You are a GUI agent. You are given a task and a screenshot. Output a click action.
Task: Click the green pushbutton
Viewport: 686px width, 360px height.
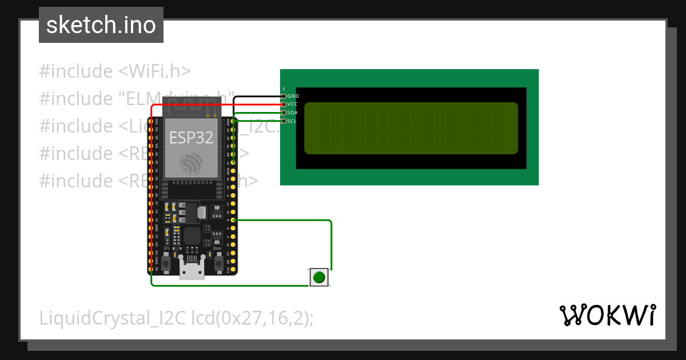[x=319, y=278]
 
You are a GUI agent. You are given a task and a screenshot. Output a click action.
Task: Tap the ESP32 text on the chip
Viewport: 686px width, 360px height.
[x=191, y=138]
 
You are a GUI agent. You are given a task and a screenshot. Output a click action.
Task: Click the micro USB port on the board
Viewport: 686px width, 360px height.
[x=192, y=268]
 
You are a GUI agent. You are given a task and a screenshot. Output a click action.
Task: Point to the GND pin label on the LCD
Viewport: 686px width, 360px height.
[x=293, y=96]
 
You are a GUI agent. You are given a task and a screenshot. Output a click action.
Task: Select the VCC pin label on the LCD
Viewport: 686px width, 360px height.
[x=292, y=104]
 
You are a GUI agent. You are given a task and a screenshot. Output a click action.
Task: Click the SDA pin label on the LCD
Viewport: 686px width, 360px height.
[x=292, y=113]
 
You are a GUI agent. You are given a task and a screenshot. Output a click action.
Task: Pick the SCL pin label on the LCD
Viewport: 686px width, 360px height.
[x=292, y=121]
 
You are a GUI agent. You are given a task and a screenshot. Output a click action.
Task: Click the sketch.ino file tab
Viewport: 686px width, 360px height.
[x=101, y=25]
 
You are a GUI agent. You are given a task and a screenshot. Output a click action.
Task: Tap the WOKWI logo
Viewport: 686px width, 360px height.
[x=607, y=315]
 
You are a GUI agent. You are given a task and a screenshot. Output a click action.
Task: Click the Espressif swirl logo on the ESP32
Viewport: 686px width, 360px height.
[x=191, y=164]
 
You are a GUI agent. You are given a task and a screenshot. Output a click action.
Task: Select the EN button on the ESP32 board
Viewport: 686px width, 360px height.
[x=166, y=263]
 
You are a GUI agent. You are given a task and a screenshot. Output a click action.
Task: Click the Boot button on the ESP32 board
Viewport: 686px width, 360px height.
[x=218, y=263]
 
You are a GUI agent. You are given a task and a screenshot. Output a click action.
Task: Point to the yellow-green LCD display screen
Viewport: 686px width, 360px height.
[x=410, y=128]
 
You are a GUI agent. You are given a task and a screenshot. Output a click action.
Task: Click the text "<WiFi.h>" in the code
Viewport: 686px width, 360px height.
[x=154, y=71]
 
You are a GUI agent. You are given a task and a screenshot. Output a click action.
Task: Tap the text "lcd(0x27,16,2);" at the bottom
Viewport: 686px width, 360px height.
[x=252, y=318]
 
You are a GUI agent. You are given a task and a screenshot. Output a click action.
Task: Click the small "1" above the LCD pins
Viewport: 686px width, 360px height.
[x=284, y=90]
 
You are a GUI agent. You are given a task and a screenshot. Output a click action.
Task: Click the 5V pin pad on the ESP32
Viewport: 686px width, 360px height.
[x=151, y=269]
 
